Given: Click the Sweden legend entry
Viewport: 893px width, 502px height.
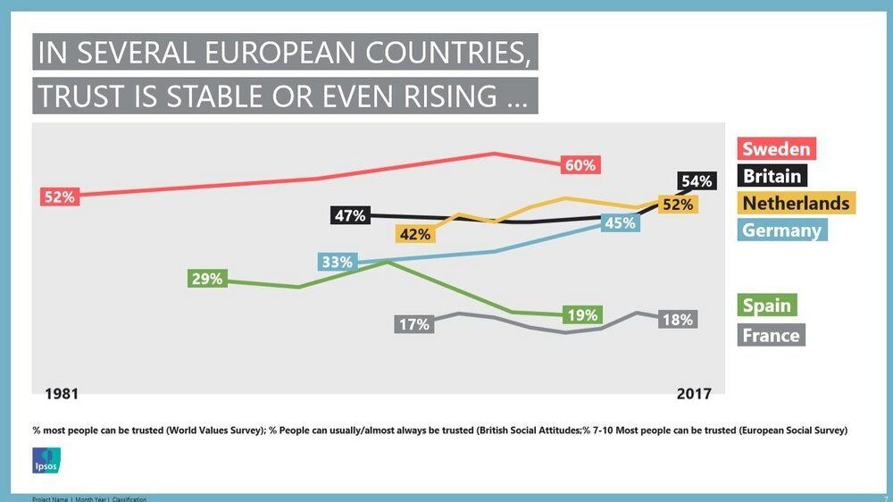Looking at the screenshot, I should (x=777, y=148).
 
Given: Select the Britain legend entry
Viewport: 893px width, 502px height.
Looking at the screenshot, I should (x=772, y=176).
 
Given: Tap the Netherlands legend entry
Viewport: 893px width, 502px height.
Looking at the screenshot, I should (x=796, y=203).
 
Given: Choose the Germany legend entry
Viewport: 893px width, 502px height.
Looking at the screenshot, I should (x=781, y=230).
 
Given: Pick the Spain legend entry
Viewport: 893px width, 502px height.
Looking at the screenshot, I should (x=767, y=305).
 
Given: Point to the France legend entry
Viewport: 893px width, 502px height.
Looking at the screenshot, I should (x=771, y=335).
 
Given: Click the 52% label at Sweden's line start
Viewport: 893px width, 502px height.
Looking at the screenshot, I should (x=60, y=197).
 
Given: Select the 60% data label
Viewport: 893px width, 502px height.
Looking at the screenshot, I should (x=580, y=165).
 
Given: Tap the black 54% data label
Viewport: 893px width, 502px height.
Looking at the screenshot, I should (x=697, y=181).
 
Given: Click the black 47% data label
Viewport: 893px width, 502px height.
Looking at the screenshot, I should (x=349, y=215).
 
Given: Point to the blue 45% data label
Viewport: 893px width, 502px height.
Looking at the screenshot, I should (x=620, y=223).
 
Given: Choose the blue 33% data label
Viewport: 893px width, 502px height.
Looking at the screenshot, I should (x=337, y=263).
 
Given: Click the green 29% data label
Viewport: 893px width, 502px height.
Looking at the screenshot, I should (x=206, y=279).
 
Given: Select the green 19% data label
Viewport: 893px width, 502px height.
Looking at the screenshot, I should (x=582, y=314).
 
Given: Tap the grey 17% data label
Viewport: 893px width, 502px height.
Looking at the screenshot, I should (x=414, y=324).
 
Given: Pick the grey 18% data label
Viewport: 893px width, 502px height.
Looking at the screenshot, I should (x=677, y=320).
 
